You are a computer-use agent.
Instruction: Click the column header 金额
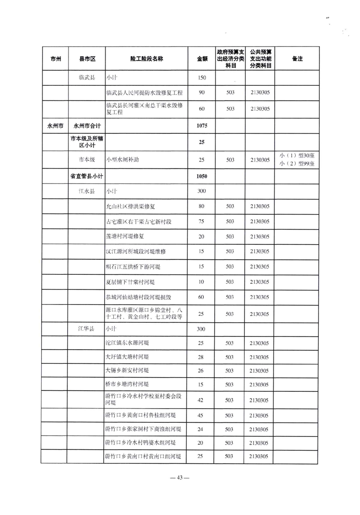pos(202,59)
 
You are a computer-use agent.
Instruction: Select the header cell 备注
pos(297,59)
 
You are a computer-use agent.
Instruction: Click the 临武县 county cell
pos(87,78)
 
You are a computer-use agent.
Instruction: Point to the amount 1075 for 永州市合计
pos(202,125)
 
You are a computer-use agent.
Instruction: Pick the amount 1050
pos(202,176)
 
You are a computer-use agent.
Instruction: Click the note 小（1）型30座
pos(297,155)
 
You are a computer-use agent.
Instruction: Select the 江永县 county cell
pos(87,191)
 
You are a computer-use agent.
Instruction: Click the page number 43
pos(180,478)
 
